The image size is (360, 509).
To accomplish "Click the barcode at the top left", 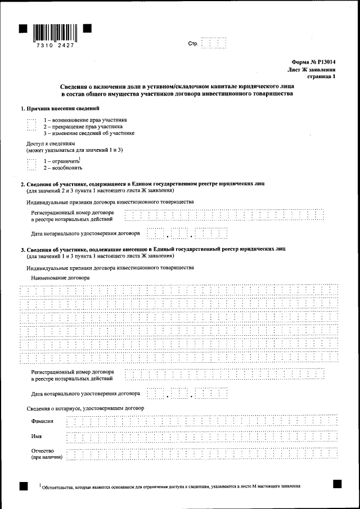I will pyautogui.click(x=55, y=31).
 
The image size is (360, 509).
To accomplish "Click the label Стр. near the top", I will pyautogui.click(x=193, y=44).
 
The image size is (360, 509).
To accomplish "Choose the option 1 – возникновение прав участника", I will pyautogui.click(x=85, y=120).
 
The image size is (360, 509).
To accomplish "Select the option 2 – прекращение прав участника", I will pyautogui.click(x=83, y=127).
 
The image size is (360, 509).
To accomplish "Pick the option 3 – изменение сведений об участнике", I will pyautogui.click(x=89, y=133).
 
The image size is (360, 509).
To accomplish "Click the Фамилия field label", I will pyautogui.click(x=43, y=421).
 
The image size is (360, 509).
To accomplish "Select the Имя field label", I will pyautogui.click(x=37, y=436).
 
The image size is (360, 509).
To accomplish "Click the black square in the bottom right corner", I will pyautogui.click(x=337, y=483).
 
